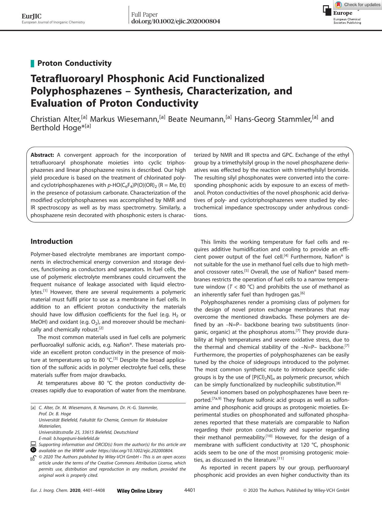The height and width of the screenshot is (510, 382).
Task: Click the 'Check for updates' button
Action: coord(358,5)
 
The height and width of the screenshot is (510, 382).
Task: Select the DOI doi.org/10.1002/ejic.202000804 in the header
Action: coord(175,22)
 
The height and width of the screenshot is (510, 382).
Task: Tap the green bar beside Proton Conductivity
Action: coord(32,64)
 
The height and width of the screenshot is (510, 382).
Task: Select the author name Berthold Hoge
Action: coord(55,128)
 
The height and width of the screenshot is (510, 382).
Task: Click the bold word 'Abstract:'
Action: coord(42,155)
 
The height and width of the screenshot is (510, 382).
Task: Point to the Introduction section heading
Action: coord(52,241)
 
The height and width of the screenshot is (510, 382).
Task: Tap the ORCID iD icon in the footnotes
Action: coord(33,450)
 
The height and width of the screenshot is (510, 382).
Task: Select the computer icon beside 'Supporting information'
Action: coord(33,444)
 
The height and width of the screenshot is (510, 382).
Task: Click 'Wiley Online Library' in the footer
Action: coord(140,491)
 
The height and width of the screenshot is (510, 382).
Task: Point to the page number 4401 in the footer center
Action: coord(190,490)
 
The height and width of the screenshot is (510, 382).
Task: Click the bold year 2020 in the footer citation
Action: coord(75,491)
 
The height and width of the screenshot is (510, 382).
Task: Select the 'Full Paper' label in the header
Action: coord(144,14)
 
